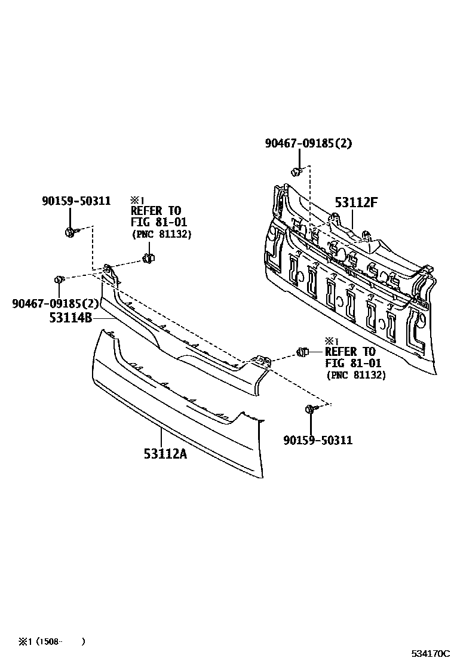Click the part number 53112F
(x=356, y=202)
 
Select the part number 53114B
(x=70, y=318)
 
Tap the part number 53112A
(x=165, y=454)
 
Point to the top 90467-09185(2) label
(x=309, y=143)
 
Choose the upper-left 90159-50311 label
(x=76, y=201)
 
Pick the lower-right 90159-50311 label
(x=318, y=440)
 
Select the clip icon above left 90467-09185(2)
(x=59, y=279)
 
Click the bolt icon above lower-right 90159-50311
(x=311, y=409)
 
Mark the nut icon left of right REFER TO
(x=302, y=352)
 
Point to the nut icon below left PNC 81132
(x=148, y=259)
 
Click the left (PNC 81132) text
(x=161, y=234)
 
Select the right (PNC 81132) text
(x=355, y=375)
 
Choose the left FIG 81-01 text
(x=159, y=222)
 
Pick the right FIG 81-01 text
(x=353, y=363)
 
